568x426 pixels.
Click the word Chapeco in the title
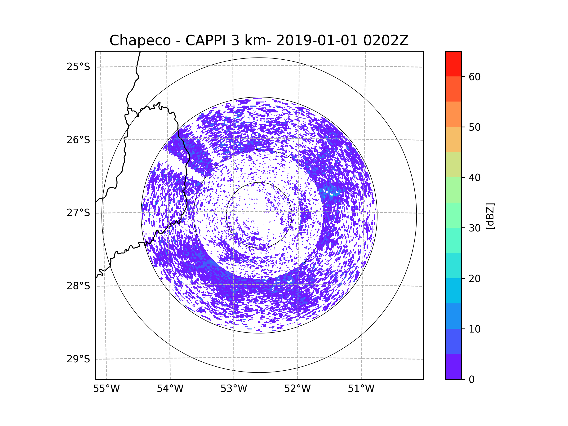[x=140, y=40]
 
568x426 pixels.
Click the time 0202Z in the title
[x=386, y=40]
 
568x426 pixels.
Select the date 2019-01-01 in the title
[x=317, y=40]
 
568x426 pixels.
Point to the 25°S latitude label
[x=78, y=67]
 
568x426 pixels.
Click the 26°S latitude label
[x=78, y=140]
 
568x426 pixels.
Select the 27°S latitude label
[x=78, y=213]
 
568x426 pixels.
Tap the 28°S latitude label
[x=78, y=286]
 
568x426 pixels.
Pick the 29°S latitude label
[x=78, y=359]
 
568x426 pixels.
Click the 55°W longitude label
[x=106, y=389]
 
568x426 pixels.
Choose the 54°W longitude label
[x=170, y=389]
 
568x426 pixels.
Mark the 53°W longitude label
[x=234, y=389]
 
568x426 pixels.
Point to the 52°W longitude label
[x=297, y=389]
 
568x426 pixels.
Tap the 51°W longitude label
[x=361, y=389]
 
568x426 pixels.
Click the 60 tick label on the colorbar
[x=475, y=77]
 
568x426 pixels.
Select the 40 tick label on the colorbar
[x=475, y=178]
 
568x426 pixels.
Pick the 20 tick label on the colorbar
[x=475, y=279]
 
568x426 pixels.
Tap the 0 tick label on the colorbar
[x=472, y=380]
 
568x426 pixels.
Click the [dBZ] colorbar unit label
[x=490, y=216]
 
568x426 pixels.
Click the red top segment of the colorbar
[x=453, y=64]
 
